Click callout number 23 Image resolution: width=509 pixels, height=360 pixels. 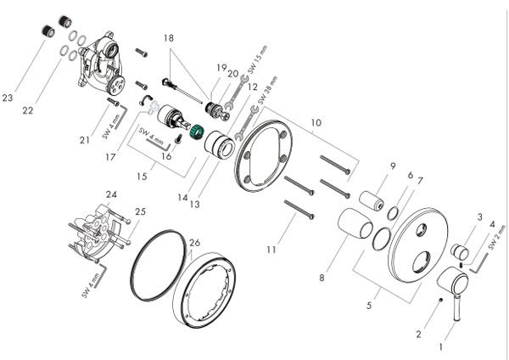coord(8,98)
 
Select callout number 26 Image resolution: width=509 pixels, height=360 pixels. coord(195,243)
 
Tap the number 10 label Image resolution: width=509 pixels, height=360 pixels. coord(316,123)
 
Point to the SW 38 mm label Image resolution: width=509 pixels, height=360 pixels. coord(268,90)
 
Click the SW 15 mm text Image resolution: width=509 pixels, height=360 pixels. coord(257,59)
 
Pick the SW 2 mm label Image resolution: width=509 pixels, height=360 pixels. coord(497,238)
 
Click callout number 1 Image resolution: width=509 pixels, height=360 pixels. coord(440,347)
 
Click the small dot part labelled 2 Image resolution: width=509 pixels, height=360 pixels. coord(439,301)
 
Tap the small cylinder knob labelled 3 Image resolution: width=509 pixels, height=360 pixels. coord(459,251)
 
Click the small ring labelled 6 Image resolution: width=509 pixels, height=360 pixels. coord(393,213)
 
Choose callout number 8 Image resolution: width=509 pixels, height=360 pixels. coord(322,278)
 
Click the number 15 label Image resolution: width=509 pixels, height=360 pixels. coord(142,177)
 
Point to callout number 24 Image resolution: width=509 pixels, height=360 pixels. coord(111,194)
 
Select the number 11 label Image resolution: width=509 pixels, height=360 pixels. coord(271,250)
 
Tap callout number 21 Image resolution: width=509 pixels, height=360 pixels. coord(85,140)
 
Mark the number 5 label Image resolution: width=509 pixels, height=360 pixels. coord(369,306)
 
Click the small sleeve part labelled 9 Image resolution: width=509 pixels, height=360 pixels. coord(372,201)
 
